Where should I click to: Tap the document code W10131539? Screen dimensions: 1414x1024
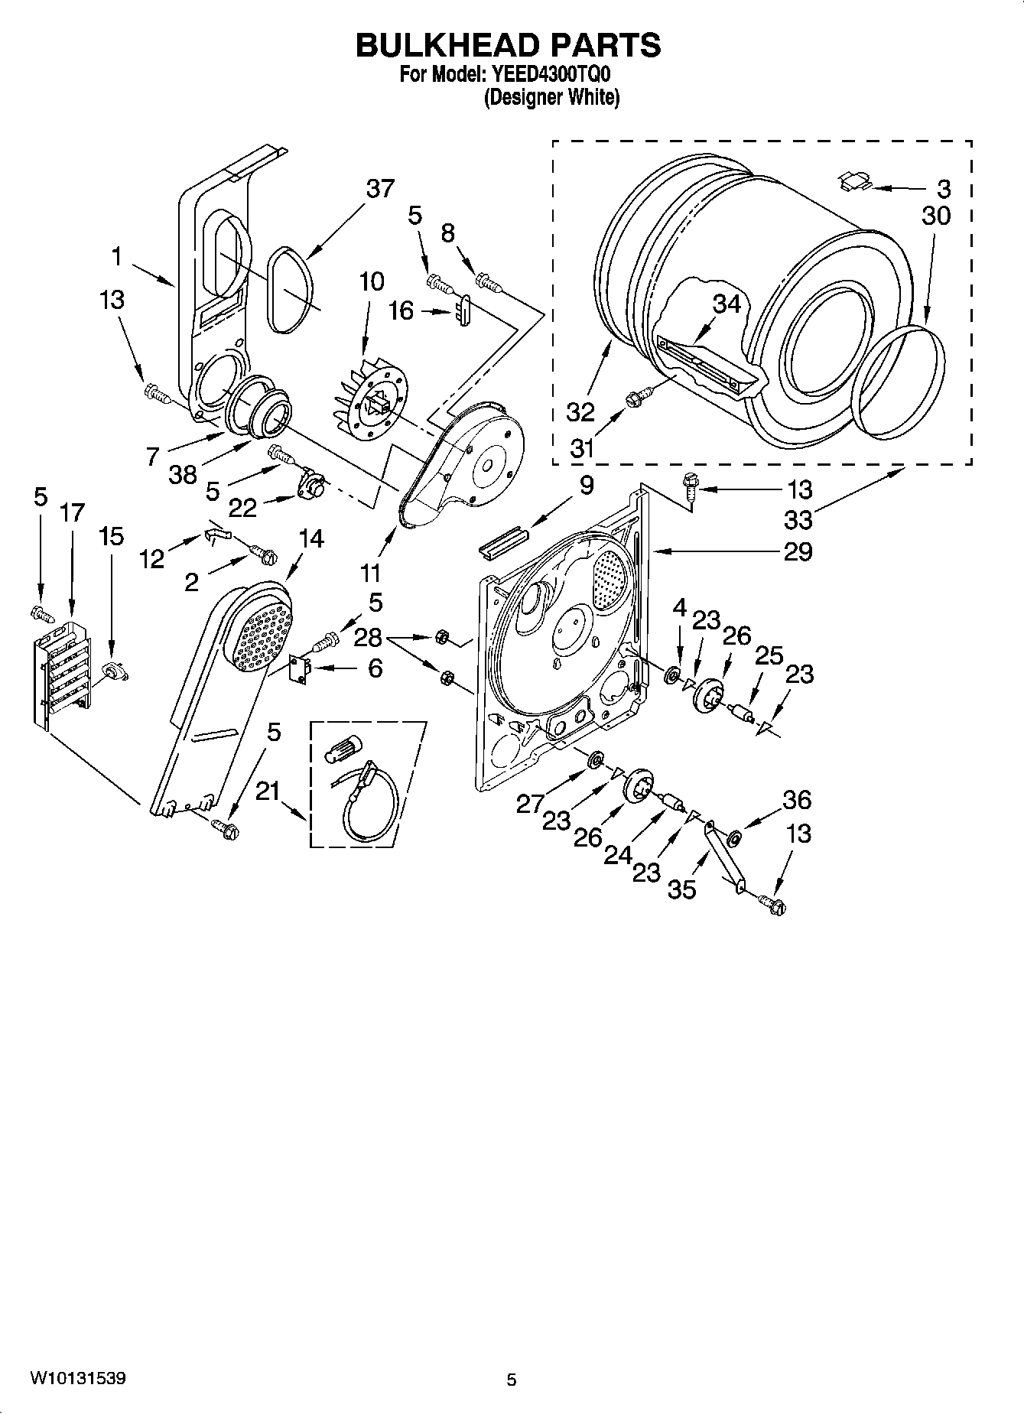(x=78, y=1377)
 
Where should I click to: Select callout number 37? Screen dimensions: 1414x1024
(x=379, y=189)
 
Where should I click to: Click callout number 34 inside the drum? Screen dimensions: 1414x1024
(x=727, y=304)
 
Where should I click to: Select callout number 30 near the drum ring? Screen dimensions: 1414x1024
(x=935, y=216)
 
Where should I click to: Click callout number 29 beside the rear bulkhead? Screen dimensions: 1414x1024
(x=798, y=551)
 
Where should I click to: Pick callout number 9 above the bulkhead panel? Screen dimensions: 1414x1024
(x=586, y=486)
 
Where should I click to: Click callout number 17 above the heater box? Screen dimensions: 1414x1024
(x=72, y=512)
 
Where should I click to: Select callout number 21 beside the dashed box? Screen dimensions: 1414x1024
(x=267, y=793)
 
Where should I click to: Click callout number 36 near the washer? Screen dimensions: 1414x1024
(x=797, y=800)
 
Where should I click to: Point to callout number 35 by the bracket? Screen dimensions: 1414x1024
(x=681, y=889)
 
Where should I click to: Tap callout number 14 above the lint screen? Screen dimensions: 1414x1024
(x=310, y=539)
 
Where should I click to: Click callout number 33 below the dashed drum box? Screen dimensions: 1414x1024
(x=798, y=520)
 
